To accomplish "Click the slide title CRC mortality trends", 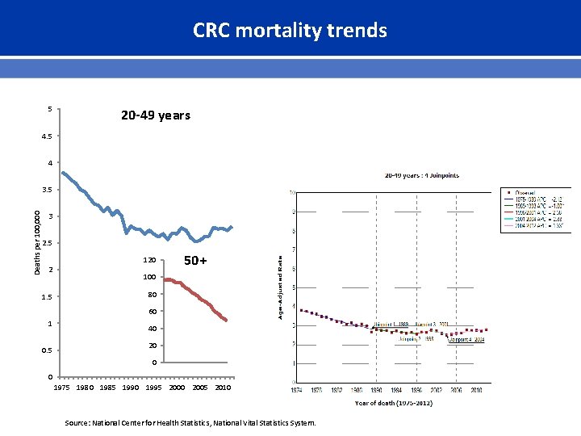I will point(290,31).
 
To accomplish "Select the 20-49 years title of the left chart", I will point(156,115).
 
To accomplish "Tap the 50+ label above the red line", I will point(196,261).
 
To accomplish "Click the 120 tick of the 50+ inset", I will point(149,261).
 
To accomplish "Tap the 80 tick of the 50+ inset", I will point(151,295).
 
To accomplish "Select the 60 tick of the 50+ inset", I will point(151,312).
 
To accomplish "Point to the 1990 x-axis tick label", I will point(130,388).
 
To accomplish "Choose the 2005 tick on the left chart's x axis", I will point(199,388).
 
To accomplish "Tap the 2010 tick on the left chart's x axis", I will point(223,388).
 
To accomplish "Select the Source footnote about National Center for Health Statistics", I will point(191,423).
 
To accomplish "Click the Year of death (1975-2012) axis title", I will point(393,402).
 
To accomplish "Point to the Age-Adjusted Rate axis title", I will point(281,287).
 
